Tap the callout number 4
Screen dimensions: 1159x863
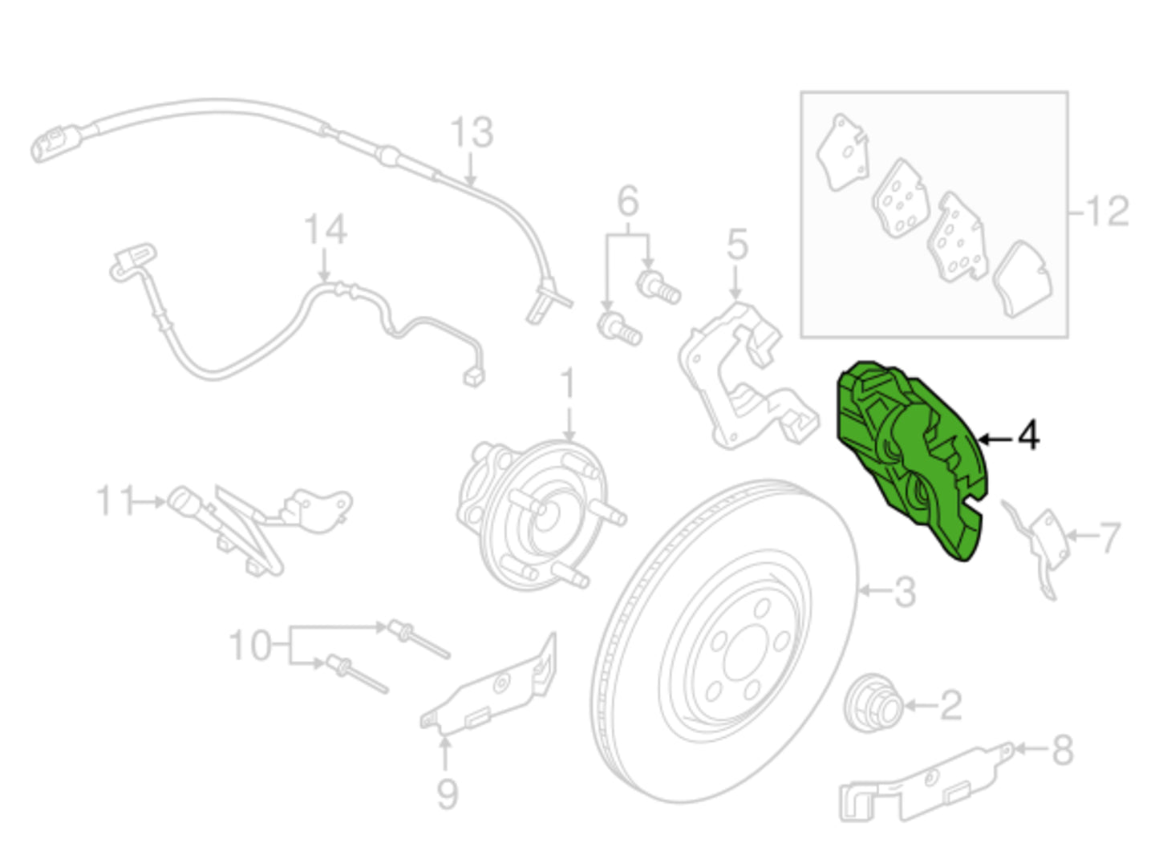tap(1028, 436)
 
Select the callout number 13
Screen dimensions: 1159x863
tap(472, 132)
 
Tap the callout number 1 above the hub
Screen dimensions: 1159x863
tap(568, 383)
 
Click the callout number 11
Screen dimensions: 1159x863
tap(114, 500)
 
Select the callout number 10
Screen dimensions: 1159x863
tap(250, 646)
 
